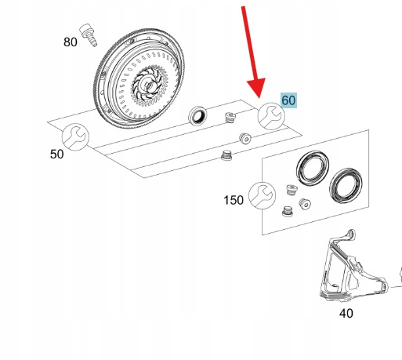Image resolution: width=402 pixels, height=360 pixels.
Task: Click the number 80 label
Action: pyautogui.click(x=71, y=42)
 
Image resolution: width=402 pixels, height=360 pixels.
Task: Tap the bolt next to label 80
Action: pyautogui.click(x=89, y=35)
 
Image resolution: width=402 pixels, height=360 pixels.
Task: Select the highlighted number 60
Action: pyautogui.click(x=288, y=100)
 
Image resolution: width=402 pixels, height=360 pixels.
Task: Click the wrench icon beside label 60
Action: pyautogui.click(x=271, y=116)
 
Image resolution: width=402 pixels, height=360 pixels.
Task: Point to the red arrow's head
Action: pyautogui.click(x=256, y=87)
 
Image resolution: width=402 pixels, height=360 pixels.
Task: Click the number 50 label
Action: pyautogui.click(x=56, y=155)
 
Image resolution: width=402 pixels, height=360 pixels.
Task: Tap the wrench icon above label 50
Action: pyautogui.click(x=75, y=137)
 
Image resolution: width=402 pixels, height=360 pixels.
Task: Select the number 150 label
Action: pyautogui.click(x=234, y=200)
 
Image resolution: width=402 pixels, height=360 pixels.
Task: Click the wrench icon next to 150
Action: pyautogui.click(x=262, y=195)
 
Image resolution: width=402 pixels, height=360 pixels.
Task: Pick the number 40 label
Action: pyautogui.click(x=346, y=313)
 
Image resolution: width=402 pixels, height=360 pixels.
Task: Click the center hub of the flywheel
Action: pyautogui.click(x=147, y=85)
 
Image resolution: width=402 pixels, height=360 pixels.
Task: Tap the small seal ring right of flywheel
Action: pyautogui.click(x=197, y=115)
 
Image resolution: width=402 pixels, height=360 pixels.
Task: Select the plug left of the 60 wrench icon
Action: pyautogui.click(x=230, y=117)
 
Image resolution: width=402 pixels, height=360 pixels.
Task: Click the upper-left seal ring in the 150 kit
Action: pyautogui.click(x=313, y=169)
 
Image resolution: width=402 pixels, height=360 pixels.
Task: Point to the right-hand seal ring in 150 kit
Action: pyautogui.click(x=346, y=186)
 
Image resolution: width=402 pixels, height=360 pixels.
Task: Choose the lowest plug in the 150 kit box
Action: pyautogui.click(x=288, y=211)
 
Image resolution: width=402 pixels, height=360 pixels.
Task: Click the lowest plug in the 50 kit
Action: pyautogui.click(x=226, y=155)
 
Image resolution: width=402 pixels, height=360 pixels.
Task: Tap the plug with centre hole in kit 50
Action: pyautogui.click(x=245, y=138)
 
